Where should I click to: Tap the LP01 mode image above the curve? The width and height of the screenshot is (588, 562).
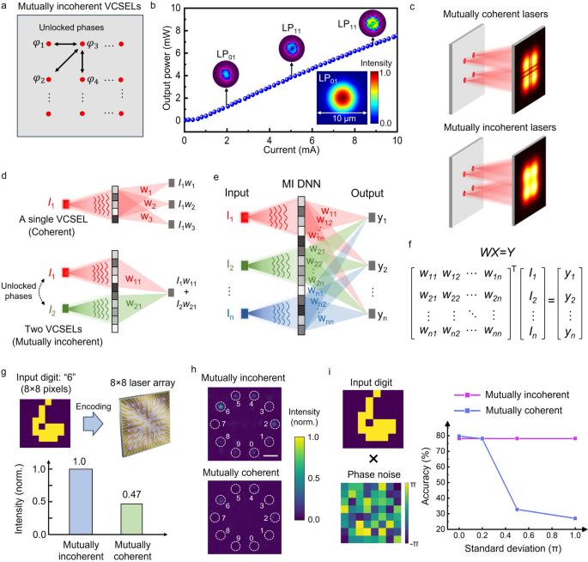tap(226, 75)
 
